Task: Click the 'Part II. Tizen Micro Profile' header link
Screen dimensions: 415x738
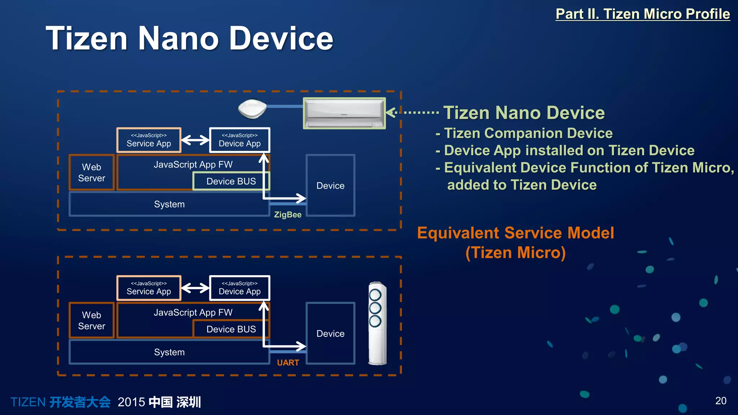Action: pos(643,14)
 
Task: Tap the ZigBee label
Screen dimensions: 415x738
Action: pos(288,215)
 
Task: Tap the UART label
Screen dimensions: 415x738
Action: pos(288,363)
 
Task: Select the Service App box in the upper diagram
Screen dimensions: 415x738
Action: pos(149,140)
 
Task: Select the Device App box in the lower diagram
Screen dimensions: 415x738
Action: pos(240,288)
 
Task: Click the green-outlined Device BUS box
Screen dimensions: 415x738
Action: pos(231,181)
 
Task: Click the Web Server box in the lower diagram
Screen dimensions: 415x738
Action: pos(92,320)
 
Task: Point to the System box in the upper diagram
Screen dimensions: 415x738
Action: pos(169,204)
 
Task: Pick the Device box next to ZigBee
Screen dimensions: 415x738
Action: pos(330,186)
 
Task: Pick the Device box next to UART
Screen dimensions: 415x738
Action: pos(330,334)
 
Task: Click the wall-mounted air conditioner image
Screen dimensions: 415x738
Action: pos(344,113)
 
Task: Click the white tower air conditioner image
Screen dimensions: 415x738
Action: pos(377,323)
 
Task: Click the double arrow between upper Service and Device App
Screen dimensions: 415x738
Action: pos(195,140)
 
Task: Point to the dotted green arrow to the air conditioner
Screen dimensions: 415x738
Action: pos(413,112)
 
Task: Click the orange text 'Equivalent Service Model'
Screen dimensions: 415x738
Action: pos(515,233)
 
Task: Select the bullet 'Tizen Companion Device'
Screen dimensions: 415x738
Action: pos(528,133)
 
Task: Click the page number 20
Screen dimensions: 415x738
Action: pos(720,401)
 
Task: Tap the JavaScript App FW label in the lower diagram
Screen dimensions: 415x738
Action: pos(193,312)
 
